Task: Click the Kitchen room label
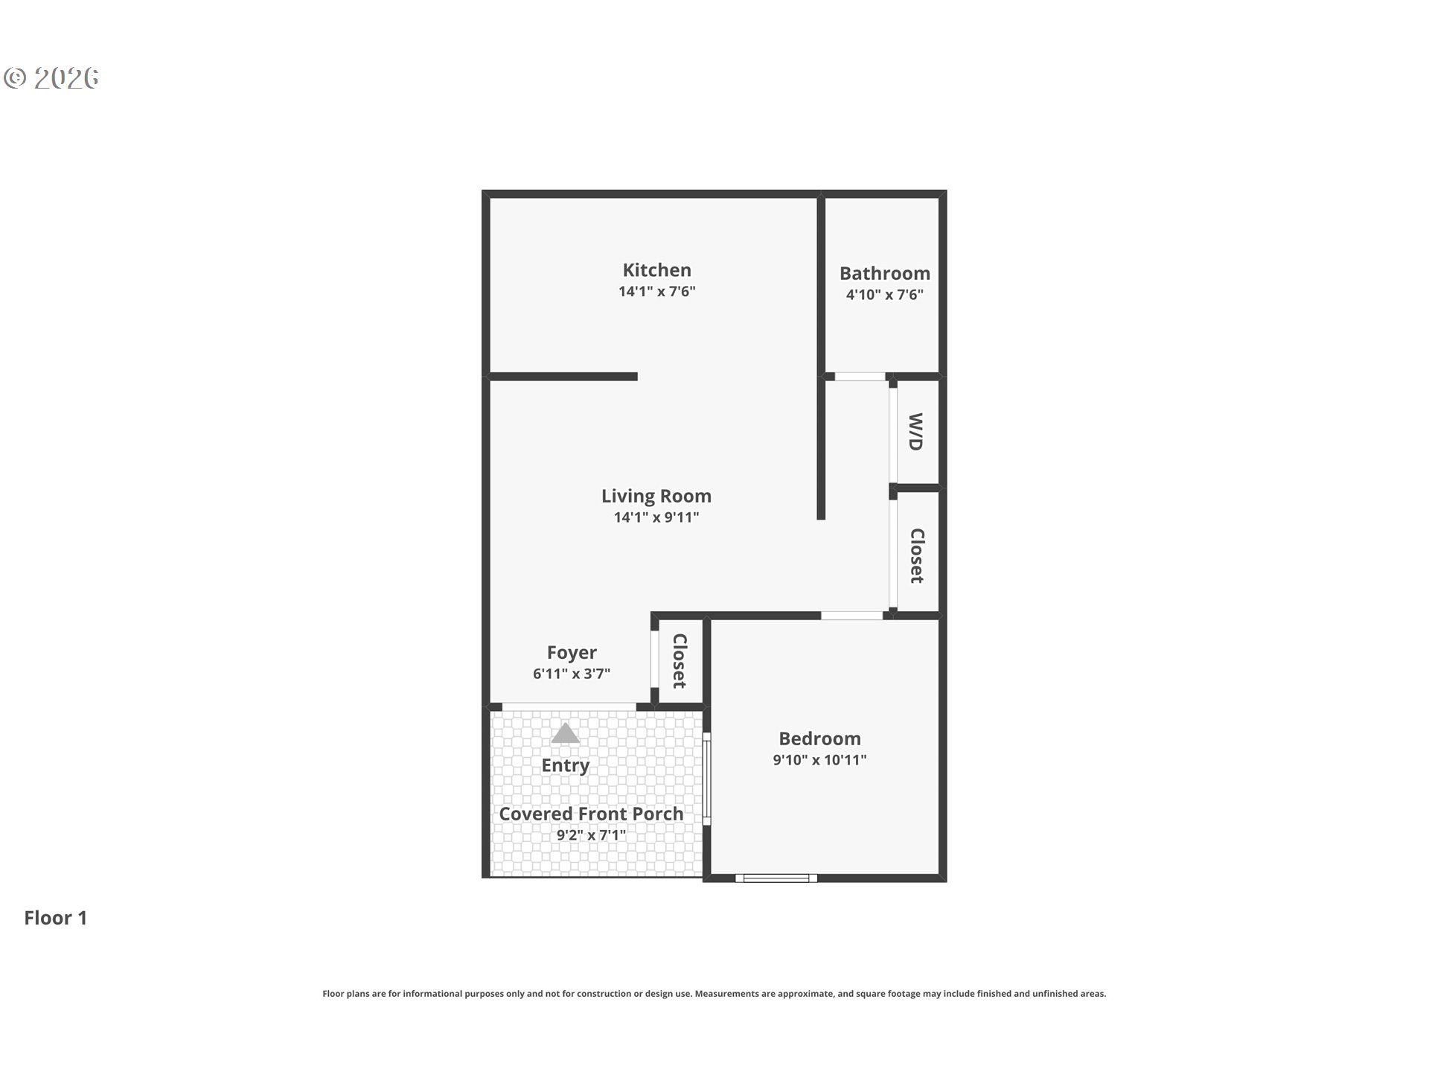(656, 269)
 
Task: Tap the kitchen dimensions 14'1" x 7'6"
(656, 291)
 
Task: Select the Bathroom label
(884, 273)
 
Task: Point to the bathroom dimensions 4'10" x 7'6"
(884, 295)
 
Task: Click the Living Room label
(656, 496)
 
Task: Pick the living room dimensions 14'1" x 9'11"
(656, 517)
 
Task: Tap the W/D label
(915, 432)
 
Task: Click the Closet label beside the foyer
(679, 661)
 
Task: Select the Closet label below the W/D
(917, 556)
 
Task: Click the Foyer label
(572, 653)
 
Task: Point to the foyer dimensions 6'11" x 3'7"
(572, 674)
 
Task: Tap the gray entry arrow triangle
(566, 733)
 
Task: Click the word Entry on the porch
(566, 765)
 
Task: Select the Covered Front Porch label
(591, 814)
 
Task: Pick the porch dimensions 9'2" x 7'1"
(591, 835)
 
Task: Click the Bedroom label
(819, 738)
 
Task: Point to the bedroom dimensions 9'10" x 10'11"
(819, 760)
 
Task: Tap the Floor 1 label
(56, 918)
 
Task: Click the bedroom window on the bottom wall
(776, 878)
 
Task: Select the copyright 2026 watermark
(51, 77)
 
